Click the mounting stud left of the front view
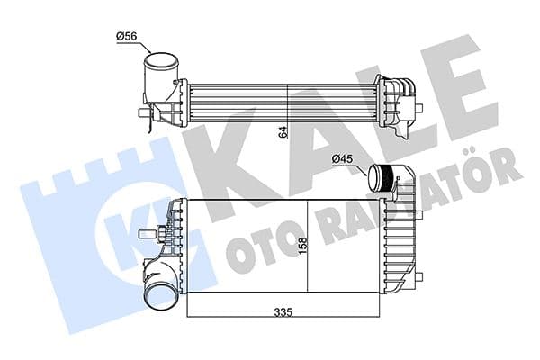click(x=144, y=237)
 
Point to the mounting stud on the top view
click(x=140, y=113)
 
